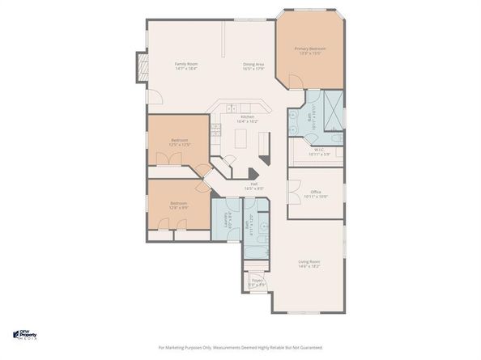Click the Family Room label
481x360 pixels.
[x=187, y=64]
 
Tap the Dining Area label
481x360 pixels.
[x=253, y=64]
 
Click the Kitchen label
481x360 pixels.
[x=247, y=117]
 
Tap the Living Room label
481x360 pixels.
[x=309, y=260]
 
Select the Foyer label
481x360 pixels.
[x=256, y=281]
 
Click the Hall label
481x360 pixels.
[x=253, y=184]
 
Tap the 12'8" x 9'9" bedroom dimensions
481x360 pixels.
[x=178, y=208]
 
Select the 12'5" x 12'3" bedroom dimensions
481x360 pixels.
[x=179, y=145]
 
